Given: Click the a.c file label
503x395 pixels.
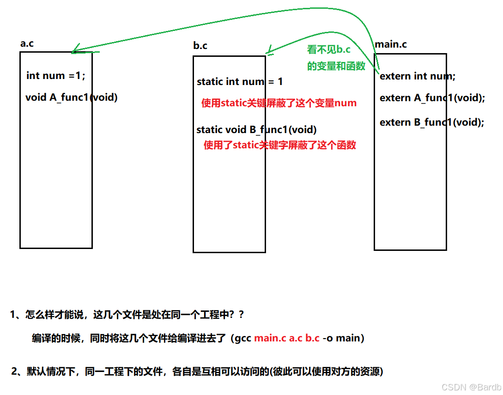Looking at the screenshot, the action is coord(27,44).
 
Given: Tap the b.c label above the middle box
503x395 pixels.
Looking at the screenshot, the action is coord(200,46).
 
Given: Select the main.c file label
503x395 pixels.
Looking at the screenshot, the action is coord(391,45).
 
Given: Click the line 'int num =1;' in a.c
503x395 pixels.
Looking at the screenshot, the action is coord(56,75).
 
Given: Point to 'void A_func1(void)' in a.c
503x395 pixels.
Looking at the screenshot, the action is coord(72,97).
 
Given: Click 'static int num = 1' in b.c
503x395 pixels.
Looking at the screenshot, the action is coord(240,82).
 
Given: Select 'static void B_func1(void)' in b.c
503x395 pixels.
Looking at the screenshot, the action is coord(256,130).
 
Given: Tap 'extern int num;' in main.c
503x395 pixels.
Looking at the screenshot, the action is coord(418,76).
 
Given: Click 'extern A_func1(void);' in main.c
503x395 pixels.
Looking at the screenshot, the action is coord(432,98).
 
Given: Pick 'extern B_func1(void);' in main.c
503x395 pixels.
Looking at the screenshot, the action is coord(432,122).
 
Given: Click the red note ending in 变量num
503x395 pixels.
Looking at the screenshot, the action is coord(279,103).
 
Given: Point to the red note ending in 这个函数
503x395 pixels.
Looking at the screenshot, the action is coord(280,145).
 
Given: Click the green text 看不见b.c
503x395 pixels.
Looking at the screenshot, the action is coord(329,50).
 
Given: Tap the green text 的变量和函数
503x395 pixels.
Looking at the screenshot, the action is coord(336,66).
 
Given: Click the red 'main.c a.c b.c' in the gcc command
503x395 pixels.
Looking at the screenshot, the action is coord(287,338).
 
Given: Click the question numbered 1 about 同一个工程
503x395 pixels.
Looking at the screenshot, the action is coord(127,315).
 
